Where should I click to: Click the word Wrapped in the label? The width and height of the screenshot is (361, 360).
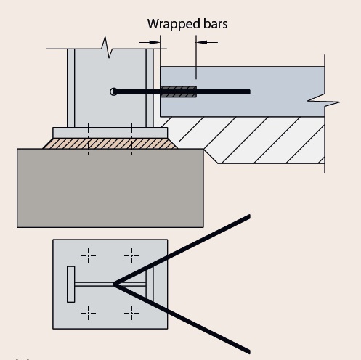tap(170, 23)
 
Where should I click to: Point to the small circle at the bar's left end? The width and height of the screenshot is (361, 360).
tap(113, 91)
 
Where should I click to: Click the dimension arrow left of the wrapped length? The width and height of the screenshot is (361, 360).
tap(155, 42)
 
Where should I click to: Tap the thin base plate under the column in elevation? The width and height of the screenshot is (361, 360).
tap(110, 132)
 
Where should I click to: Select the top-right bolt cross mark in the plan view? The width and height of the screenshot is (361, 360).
tap(131, 255)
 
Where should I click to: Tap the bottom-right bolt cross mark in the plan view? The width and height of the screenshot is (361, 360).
tap(131, 313)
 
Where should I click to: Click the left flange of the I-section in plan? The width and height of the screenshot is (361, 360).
tap(71, 284)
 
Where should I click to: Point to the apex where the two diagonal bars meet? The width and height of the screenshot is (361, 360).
tap(114, 284)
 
